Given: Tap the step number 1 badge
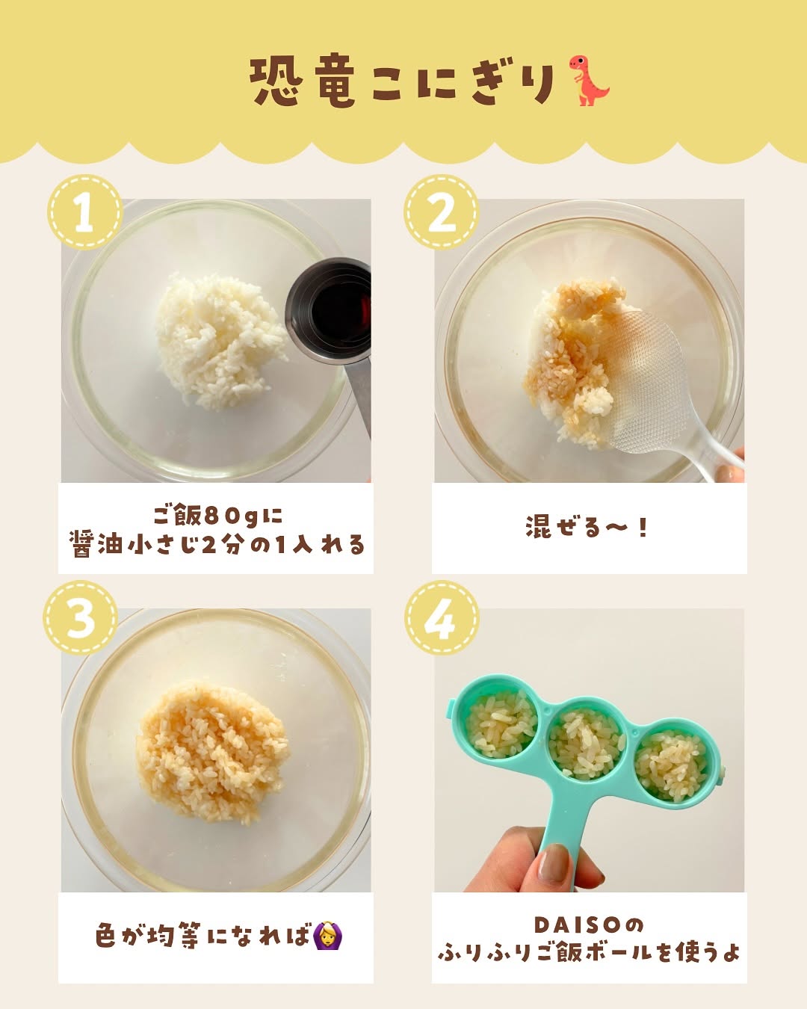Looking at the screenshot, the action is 85,212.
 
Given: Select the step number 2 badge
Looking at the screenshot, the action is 442,212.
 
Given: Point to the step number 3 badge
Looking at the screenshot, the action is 81,617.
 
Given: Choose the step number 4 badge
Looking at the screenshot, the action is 442,617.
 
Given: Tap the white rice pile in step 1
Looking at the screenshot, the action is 220,340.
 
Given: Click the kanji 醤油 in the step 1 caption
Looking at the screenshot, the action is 99,545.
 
